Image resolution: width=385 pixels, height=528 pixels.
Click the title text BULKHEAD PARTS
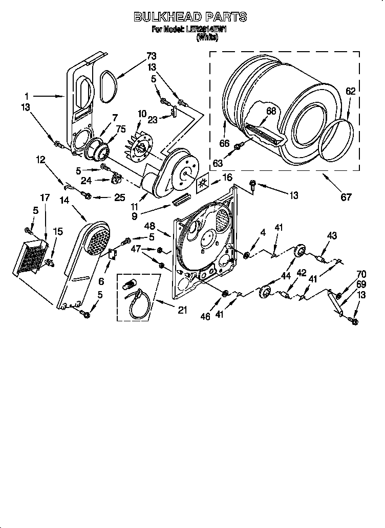click(190, 17)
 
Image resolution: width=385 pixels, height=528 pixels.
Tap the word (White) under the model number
click(207, 37)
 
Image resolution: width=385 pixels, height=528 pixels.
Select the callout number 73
click(152, 56)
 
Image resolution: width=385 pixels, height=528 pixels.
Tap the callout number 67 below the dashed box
click(346, 197)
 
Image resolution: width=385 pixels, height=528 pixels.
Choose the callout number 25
click(119, 196)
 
